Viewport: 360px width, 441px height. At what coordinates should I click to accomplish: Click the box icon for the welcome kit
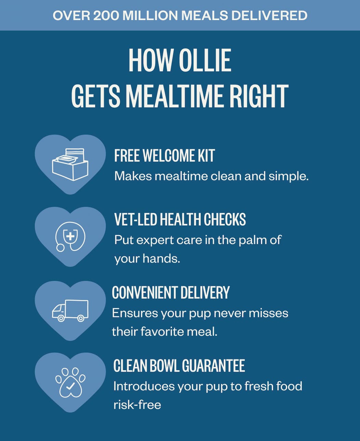[70, 164]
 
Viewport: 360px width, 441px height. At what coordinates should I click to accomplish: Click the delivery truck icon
[70, 311]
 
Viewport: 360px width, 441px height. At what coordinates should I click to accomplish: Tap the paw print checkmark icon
[70, 382]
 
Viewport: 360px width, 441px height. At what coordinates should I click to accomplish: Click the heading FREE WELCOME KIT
[164, 156]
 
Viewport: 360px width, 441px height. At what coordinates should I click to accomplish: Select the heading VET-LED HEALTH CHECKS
[180, 219]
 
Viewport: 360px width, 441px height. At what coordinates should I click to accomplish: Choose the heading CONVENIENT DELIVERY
[171, 293]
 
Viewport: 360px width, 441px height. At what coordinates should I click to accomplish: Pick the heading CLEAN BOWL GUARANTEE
[179, 366]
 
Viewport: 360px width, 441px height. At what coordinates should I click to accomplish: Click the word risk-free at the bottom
[137, 405]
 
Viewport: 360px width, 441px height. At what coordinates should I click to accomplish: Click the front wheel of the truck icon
[61, 318]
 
